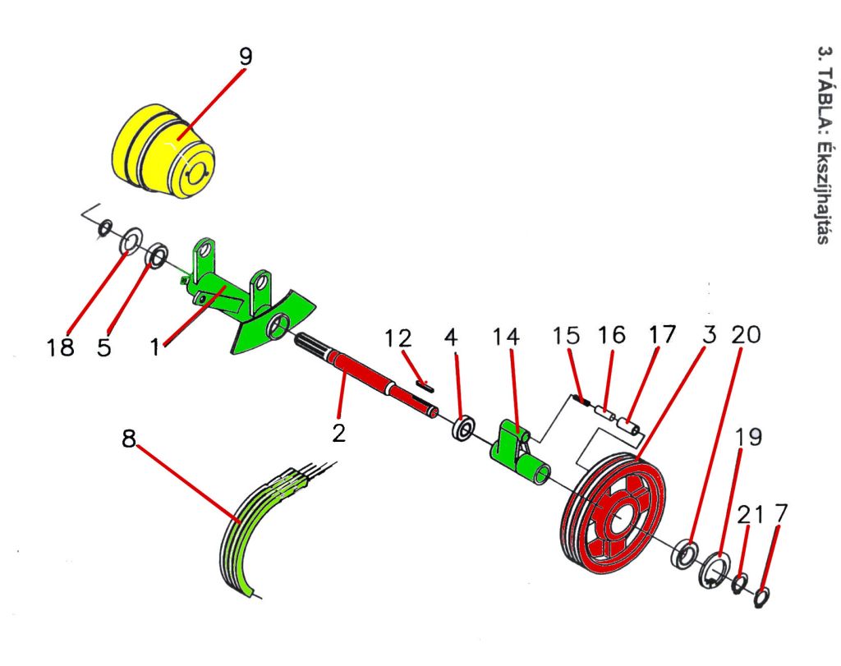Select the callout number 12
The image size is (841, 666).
coord(400,338)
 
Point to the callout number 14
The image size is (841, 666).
coord(507,337)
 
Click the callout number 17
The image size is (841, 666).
coord(661,335)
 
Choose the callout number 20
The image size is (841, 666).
coord(747,335)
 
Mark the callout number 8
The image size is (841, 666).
coord(129,439)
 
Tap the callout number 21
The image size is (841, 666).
coord(749,515)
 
